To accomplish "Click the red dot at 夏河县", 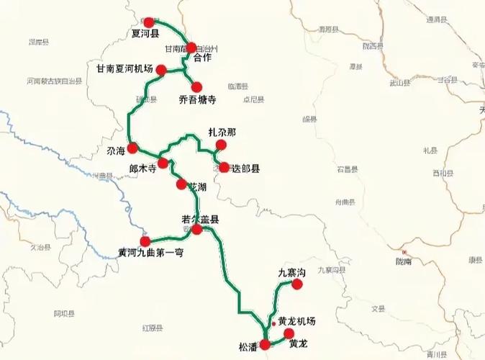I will [x=149, y=22].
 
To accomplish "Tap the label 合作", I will [x=203, y=58].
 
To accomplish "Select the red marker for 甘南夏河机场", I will [x=160, y=69].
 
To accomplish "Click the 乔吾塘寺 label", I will [x=196, y=100].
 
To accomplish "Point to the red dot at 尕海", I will [x=132, y=149].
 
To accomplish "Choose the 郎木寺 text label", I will [x=143, y=169].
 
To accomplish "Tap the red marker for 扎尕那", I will [x=221, y=145].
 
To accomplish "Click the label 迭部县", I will [x=245, y=168].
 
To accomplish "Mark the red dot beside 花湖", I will [x=181, y=184].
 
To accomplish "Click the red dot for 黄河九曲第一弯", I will [x=145, y=241].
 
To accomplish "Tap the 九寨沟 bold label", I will [x=292, y=273].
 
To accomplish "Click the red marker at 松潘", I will [x=266, y=345].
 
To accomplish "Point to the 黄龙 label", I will [x=299, y=345].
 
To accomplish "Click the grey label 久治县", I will [x=41, y=247].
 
